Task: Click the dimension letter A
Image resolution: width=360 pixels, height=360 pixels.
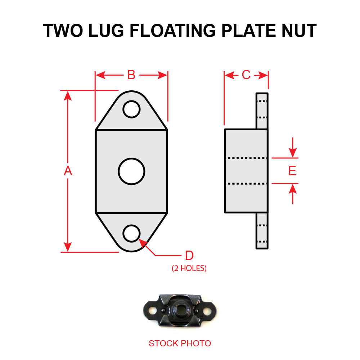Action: pyautogui.click(x=68, y=171)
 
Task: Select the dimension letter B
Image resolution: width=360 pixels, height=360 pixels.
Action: pyautogui.click(x=131, y=75)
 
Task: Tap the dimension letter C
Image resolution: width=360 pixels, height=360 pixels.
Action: pyautogui.click(x=246, y=75)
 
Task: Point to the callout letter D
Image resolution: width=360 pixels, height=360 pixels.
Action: pyautogui.click(x=189, y=256)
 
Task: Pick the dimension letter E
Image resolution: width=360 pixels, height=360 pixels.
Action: pyautogui.click(x=292, y=171)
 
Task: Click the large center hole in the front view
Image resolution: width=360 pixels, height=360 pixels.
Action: pyautogui.click(x=131, y=171)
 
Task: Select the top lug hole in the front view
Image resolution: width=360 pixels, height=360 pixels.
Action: pyautogui.click(x=131, y=109)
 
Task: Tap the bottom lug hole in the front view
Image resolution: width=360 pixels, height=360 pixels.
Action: pyautogui.click(x=131, y=233)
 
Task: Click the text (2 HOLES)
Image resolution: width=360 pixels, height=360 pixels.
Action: pyautogui.click(x=189, y=268)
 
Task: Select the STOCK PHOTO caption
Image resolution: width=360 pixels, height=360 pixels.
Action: pyautogui.click(x=180, y=343)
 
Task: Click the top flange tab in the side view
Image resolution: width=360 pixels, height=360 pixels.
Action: pyautogui.click(x=262, y=111)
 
